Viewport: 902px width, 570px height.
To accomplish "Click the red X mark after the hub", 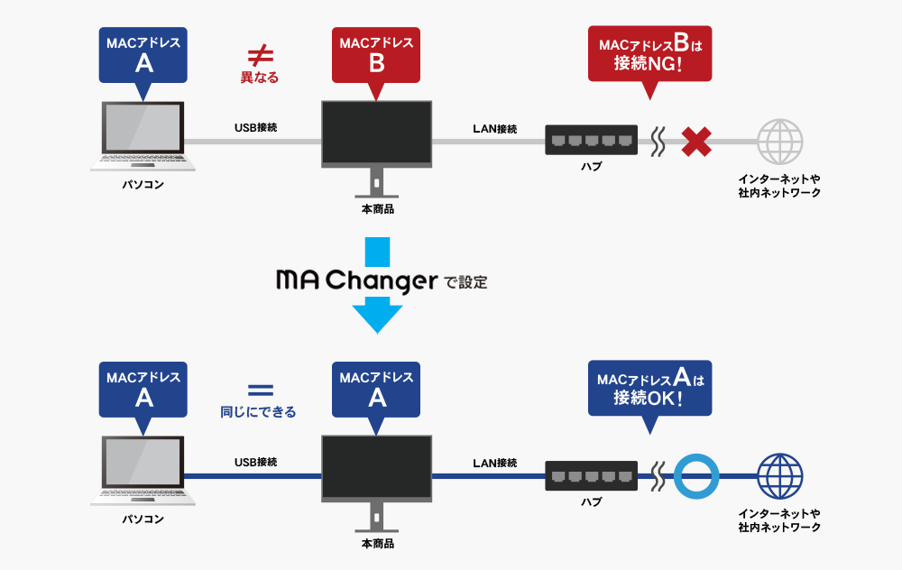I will tap(695, 141).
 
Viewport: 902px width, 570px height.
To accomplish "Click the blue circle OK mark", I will tap(696, 475).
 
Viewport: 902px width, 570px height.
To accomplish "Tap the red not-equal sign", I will tap(259, 55).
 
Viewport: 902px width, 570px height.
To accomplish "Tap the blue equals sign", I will tap(259, 391).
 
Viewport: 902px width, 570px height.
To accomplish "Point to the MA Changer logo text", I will tap(355, 280).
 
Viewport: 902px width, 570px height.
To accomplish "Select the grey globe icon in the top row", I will tap(779, 142).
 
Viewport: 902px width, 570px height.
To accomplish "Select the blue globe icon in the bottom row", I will tap(779, 476).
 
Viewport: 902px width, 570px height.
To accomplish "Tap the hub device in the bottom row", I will tap(591, 475).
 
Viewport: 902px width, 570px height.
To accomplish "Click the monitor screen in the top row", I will tap(377, 132).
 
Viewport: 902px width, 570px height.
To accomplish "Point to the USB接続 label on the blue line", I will tap(255, 463).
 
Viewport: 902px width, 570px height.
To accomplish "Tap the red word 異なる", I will tap(259, 78).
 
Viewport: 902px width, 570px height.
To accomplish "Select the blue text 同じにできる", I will tap(259, 412).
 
